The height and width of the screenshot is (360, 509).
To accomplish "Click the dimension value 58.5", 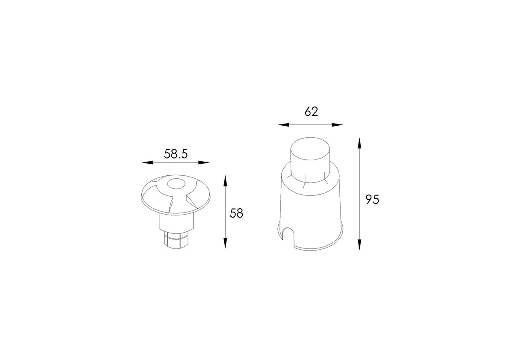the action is click(x=176, y=153).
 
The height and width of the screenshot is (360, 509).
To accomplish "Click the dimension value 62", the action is click(x=311, y=111).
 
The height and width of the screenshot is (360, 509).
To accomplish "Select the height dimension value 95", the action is click(x=372, y=199).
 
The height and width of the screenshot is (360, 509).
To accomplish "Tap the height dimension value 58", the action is click(x=236, y=213).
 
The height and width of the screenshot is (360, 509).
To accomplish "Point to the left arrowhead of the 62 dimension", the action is click(x=283, y=125).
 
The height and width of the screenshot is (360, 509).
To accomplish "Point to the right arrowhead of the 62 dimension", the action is click(x=337, y=125).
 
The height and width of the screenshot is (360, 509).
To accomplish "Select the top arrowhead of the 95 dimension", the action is click(x=359, y=143).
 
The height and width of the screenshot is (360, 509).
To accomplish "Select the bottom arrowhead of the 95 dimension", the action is click(x=359, y=245).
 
